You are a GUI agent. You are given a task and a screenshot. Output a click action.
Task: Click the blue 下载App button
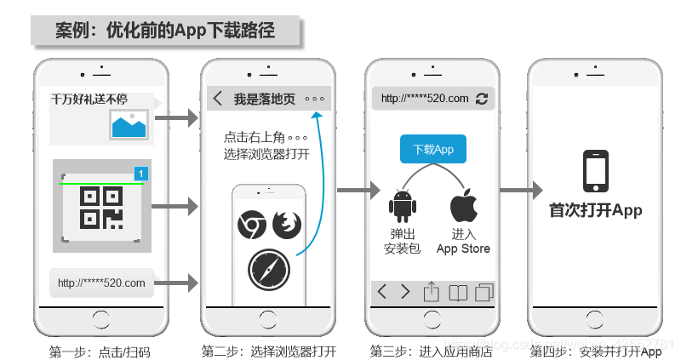point(433,150)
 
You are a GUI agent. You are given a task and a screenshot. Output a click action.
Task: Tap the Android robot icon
point(402,206)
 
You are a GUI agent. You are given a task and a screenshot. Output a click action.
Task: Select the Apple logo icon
point(464,206)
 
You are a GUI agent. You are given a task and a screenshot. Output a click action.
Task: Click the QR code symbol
point(101,206)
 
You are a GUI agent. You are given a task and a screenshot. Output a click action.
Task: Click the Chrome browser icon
point(251,226)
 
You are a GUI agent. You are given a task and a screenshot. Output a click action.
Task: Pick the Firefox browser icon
point(287,226)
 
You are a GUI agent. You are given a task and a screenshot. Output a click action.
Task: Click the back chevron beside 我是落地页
point(218,99)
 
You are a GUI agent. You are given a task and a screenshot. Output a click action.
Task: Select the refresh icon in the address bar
point(482,99)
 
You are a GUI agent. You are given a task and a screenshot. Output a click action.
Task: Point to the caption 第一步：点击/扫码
point(100,351)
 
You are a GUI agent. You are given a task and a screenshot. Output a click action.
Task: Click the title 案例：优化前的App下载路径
point(165,31)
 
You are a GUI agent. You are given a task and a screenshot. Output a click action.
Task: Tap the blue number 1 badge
point(141,174)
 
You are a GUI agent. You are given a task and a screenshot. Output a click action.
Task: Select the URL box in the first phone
point(101,283)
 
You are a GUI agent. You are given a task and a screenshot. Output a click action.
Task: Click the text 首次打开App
point(595,210)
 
